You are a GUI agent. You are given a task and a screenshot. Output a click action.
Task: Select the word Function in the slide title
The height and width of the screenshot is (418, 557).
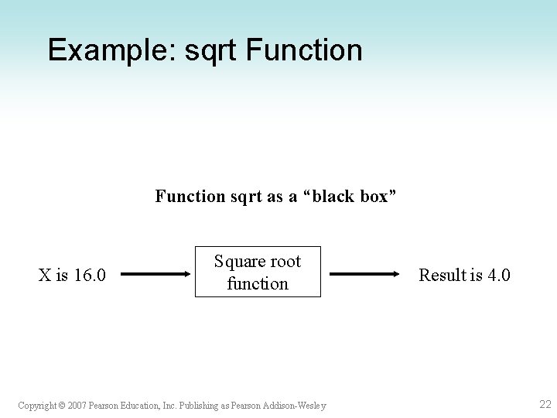point(304,50)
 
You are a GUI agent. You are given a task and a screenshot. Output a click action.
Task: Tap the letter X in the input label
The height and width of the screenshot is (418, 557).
point(45,274)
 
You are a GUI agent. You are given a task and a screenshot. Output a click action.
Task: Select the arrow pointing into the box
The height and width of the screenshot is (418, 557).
point(155,273)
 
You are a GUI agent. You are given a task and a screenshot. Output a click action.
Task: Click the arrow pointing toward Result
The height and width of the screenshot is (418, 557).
point(364,273)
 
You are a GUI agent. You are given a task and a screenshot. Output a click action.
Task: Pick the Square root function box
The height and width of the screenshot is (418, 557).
point(258,272)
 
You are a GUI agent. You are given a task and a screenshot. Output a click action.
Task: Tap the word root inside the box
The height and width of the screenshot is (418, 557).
point(285,262)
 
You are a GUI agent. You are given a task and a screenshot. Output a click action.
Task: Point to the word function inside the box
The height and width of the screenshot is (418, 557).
point(258,283)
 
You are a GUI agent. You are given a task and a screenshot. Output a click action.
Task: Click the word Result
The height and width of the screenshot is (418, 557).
point(443,274)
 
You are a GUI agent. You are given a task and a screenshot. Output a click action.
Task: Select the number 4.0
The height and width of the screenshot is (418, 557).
point(497,274)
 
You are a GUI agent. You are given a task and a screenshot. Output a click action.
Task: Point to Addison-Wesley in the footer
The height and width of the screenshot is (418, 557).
point(296,405)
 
